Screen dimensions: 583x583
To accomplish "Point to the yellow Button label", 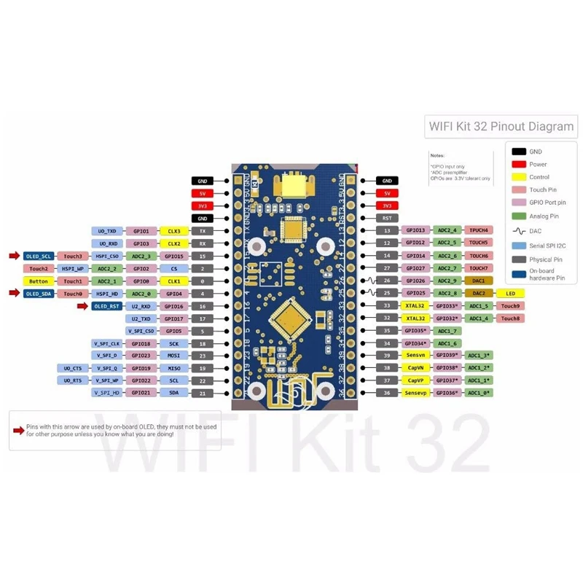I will pos(39,281).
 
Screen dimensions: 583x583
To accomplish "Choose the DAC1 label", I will pos(478,281).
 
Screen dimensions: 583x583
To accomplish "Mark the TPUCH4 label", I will pos(478,230).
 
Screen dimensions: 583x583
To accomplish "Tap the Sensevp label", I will pos(414,393).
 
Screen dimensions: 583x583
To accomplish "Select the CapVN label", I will pos(414,368).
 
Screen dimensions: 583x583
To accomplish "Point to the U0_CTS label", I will pos(74,368).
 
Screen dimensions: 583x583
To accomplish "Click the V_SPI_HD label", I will pos(106,393).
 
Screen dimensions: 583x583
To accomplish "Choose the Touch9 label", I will pos(510,306).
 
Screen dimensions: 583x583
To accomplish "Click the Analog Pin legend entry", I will pos(543,216).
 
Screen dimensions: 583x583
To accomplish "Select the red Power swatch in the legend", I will pos(519,164).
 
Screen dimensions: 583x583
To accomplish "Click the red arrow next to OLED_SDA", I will pos(15,293).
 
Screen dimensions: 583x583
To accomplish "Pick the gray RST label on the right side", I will pos(386,218).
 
